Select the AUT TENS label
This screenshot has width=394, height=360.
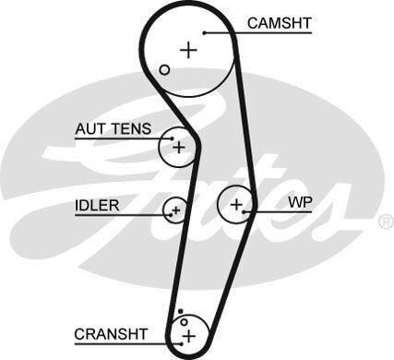click(113, 129)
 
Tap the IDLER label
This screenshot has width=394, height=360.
click(97, 205)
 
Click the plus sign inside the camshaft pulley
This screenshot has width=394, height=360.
click(189, 50)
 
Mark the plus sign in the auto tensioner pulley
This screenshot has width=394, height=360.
click(179, 147)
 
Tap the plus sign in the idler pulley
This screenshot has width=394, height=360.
click(175, 210)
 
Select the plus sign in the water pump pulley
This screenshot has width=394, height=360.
click(237, 203)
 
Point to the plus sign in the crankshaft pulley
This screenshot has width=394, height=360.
click(189, 335)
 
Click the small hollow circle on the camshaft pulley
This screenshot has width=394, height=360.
click(164, 69)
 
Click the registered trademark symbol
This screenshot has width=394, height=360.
click(386, 222)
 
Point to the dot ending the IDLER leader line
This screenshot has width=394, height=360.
click(171, 215)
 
